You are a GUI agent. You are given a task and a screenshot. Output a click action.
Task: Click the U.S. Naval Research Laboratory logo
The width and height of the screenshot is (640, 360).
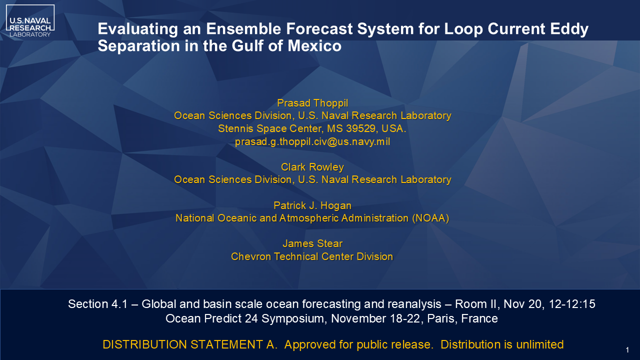30,21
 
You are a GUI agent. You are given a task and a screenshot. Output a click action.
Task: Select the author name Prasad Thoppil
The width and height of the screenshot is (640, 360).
312,103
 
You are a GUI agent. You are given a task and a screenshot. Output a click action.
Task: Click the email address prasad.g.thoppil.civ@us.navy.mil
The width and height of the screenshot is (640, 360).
312,141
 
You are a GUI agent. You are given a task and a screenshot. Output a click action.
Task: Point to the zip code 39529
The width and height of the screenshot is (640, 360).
360,128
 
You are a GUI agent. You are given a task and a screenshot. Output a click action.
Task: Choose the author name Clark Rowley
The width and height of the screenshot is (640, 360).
312,167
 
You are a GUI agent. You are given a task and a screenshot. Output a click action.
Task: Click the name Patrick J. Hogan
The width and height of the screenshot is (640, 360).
312,205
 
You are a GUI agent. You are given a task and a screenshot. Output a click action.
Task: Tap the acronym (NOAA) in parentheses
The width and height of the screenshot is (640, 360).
430,218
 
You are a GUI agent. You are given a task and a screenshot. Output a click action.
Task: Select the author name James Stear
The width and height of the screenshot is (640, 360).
312,243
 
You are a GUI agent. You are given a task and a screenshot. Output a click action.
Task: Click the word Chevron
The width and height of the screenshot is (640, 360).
251,256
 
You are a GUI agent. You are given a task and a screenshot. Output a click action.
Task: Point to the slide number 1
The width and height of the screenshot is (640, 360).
627,350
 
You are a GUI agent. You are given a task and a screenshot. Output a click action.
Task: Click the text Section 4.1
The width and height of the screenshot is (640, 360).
97,304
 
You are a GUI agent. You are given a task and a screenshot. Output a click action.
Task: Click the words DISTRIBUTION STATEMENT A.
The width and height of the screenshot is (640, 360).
190,344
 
